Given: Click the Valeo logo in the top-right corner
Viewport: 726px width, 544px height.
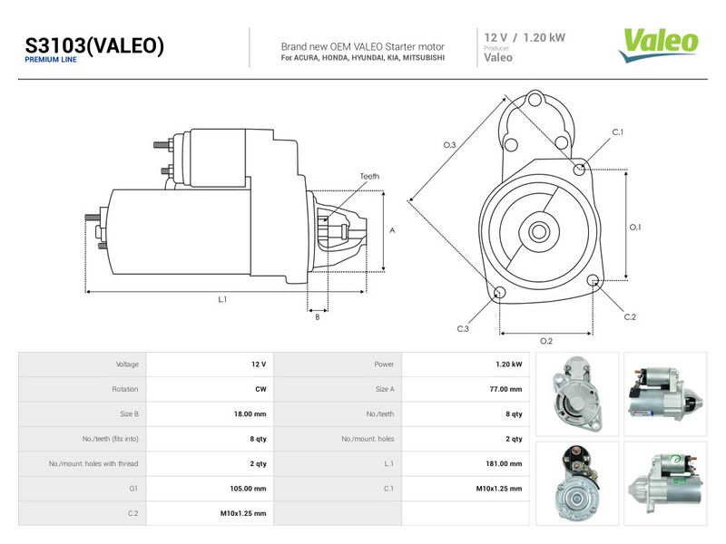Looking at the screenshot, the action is point(659,45).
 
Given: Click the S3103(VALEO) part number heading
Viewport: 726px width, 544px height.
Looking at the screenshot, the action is point(94,45).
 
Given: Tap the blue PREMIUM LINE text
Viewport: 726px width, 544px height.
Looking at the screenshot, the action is point(51,60).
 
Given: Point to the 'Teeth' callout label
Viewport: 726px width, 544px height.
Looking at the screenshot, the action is point(369,176).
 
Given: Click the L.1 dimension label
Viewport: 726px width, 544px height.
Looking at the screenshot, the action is point(222,300).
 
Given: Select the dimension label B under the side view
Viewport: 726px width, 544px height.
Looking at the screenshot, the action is point(318,317).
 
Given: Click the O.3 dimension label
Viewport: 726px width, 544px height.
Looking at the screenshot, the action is point(449,145).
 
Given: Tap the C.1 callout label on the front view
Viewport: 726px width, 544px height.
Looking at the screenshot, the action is point(618,132).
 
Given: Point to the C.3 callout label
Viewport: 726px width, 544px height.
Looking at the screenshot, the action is point(463,329).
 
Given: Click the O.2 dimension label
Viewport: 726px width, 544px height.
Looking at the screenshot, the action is point(546,342).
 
